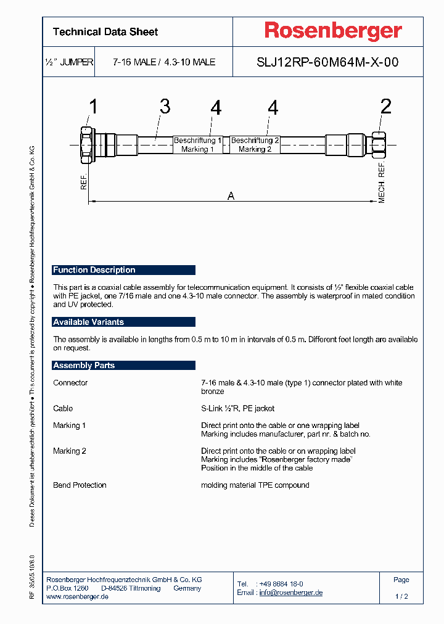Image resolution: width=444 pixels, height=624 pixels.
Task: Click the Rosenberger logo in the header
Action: pyautogui.click(x=333, y=31)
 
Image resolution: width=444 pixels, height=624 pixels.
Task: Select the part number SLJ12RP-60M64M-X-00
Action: pyautogui.click(x=327, y=62)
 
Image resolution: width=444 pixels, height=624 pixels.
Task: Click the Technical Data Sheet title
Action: pyautogui.click(x=105, y=32)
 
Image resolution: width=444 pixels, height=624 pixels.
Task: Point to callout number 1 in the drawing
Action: pyautogui.click(x=92, y=107)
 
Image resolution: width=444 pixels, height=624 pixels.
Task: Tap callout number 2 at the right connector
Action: pyautogui.click(x=385, y=107)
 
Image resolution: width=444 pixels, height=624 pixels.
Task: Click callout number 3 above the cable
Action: pyautogui.click(x=165, y=107)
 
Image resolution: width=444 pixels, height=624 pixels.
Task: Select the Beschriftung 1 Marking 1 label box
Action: pyautogui.click(x=198, y=145)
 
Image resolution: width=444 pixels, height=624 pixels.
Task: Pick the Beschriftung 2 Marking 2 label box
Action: pyautogui.click(x=255, y=145)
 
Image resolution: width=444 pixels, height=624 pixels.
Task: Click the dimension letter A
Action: pyautogui.click(x=231, y=196)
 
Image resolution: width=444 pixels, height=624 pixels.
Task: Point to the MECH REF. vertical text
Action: pyautogui.click(x=382, y=183)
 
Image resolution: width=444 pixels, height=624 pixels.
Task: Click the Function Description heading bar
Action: pyautogui.click(x=123, y=270)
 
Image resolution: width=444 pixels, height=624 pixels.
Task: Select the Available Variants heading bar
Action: pyautogui.click(x=123, y=322)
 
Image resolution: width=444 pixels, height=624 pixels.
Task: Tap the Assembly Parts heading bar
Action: pyautogui.click(x=123, y=366)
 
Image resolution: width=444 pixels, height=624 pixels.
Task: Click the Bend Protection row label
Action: pyautogui.click(x=80, y=485)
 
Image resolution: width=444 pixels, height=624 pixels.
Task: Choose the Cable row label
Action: pyautogui.click(x=63, y=409)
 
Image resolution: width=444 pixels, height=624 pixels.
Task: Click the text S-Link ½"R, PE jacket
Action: pyautogui.click(x=238, y=409)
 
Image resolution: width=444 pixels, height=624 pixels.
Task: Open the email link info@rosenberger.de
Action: pyautogui.click(x=290, y=593)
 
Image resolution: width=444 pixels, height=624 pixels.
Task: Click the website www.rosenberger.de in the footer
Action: pyautogui.click(x=78, y=597)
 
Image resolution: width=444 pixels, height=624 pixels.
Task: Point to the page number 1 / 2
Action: pyautogui.click(x=401, y=597)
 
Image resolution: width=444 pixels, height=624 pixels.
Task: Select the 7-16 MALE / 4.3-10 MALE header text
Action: pyautogui.click(x=163, y=62)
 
